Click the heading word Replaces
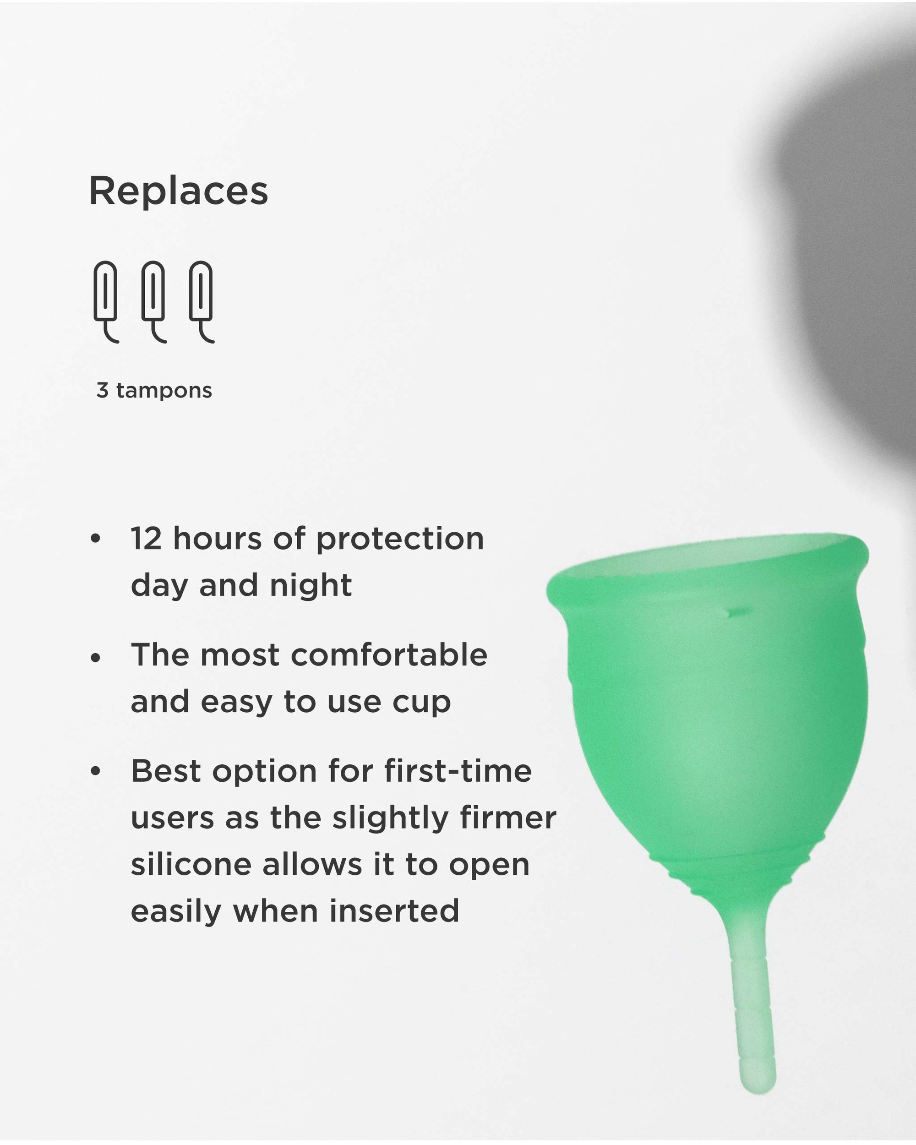179,191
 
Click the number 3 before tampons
103,390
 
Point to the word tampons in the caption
164,391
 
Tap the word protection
400,540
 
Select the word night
311,585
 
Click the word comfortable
389,655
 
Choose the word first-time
458,771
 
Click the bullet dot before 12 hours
96,539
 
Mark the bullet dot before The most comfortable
96,658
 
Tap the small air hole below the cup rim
736,613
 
